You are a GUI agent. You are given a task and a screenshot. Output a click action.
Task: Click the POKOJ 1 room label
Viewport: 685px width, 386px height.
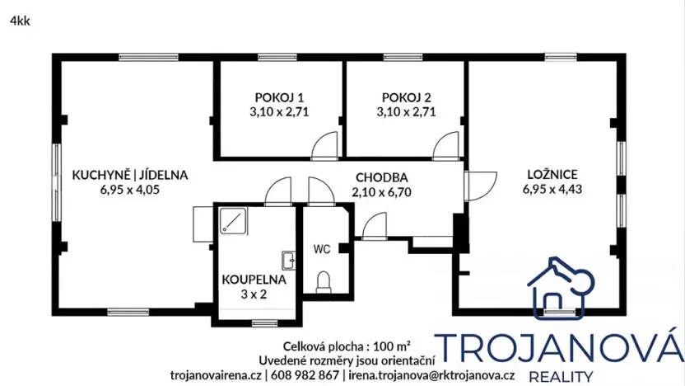click(277, 96)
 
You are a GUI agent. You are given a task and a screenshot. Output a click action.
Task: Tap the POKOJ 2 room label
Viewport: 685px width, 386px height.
click(406, 96)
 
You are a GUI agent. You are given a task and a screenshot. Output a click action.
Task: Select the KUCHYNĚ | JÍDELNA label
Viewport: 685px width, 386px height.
click(131, 175)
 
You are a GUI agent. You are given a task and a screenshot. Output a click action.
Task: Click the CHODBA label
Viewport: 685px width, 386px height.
click(382, 177)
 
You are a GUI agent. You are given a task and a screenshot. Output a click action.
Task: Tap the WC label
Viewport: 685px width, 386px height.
click(321, 247)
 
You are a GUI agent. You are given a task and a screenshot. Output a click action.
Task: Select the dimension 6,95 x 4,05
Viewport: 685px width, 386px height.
click(131, 189)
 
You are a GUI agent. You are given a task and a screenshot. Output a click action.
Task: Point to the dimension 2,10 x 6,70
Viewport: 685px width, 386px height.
click(382, 191)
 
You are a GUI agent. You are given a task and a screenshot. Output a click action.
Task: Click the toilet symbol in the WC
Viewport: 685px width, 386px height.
click(323, 282)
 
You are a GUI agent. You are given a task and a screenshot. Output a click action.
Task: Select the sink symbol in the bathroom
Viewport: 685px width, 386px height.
click(288, 260)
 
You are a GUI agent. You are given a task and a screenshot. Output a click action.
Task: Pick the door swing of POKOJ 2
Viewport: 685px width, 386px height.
click(445, 145)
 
